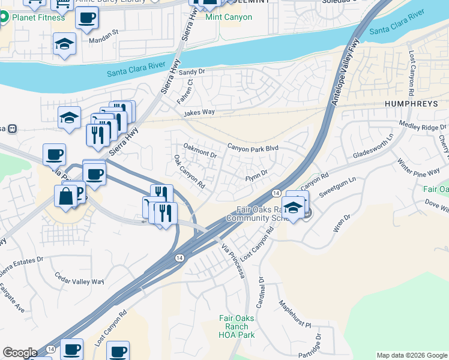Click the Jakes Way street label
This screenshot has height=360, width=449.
[x=199, y=112]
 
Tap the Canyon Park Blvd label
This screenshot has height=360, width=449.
[x=253, y=148]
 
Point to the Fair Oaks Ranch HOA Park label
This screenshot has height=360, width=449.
[x=237, y=327]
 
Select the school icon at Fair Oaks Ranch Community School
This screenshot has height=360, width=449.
[x=294, y=208]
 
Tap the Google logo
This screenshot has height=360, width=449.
[x=20, y=353]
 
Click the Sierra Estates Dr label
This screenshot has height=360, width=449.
[x=21, y=266]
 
